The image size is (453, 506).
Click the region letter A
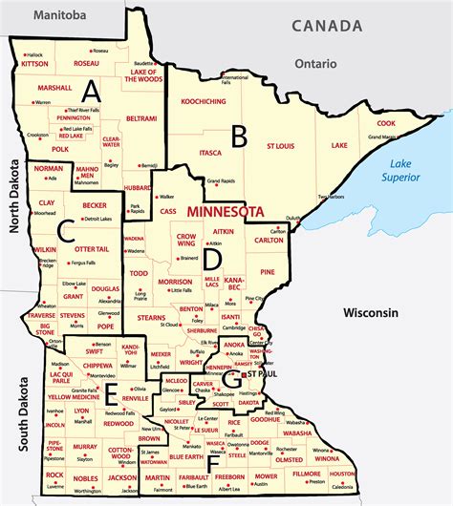[x=91, y=91]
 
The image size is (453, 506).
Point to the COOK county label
[x=385, y=123]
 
